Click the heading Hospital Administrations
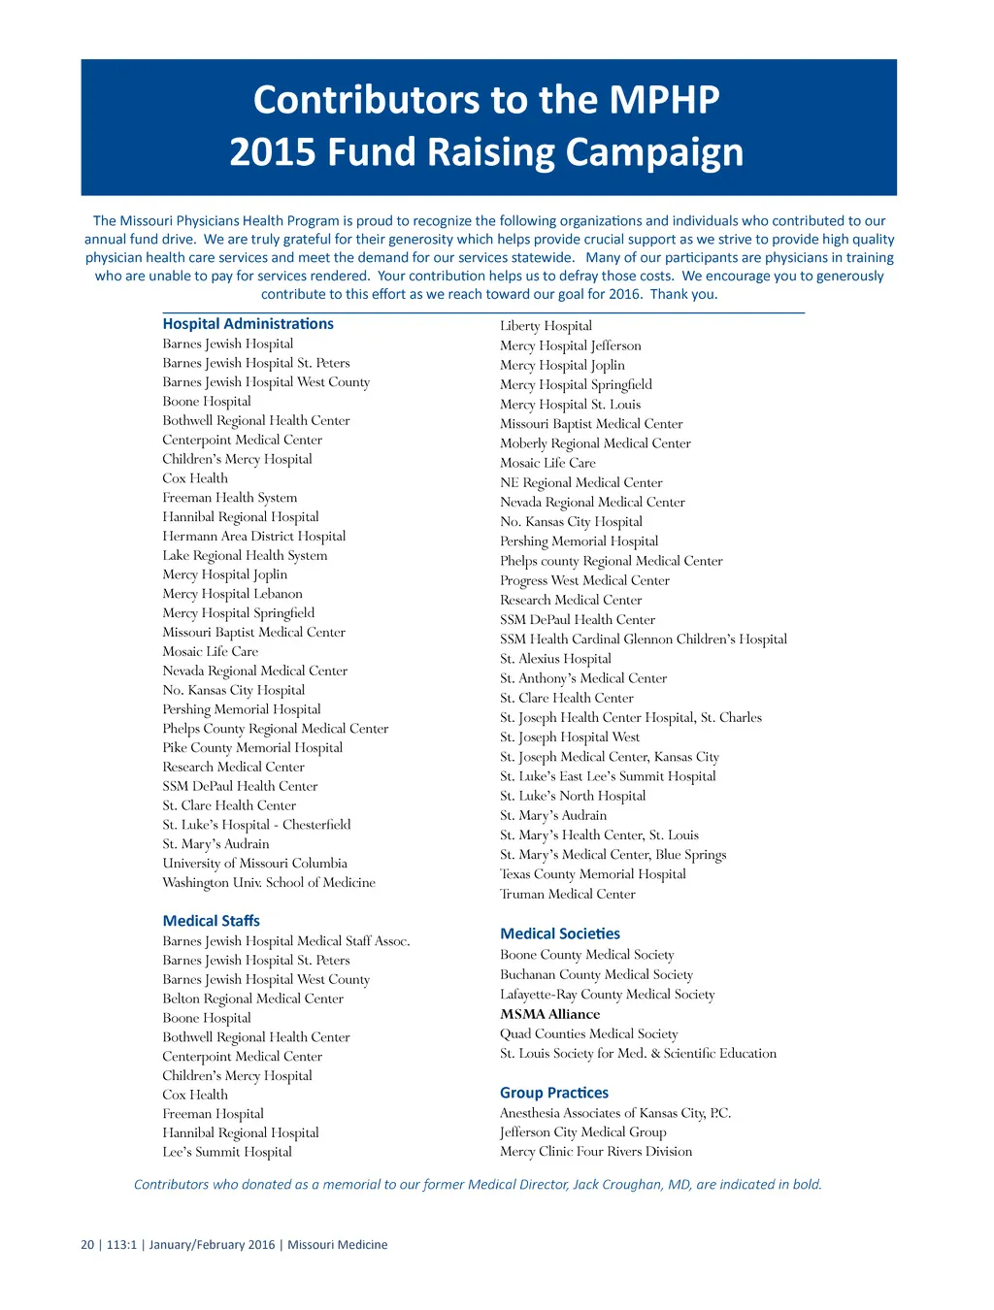[248, 324]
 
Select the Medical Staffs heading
[211, 921]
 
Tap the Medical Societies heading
[560, 933]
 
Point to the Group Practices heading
[554, 1093]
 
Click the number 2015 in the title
[272, 152]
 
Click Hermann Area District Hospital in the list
[253, 536]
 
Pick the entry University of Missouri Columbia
[254, 863]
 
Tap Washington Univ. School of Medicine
[269, 882]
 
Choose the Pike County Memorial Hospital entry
[252, 747]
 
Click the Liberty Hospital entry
[546, 326]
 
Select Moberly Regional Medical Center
[595, 443]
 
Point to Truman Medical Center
[568, 894]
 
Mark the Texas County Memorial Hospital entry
[592, 874]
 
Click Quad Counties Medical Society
[588, 1033]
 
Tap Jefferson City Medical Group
[582, 1131]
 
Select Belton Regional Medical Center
[252, 999]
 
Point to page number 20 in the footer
[87, 1245]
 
